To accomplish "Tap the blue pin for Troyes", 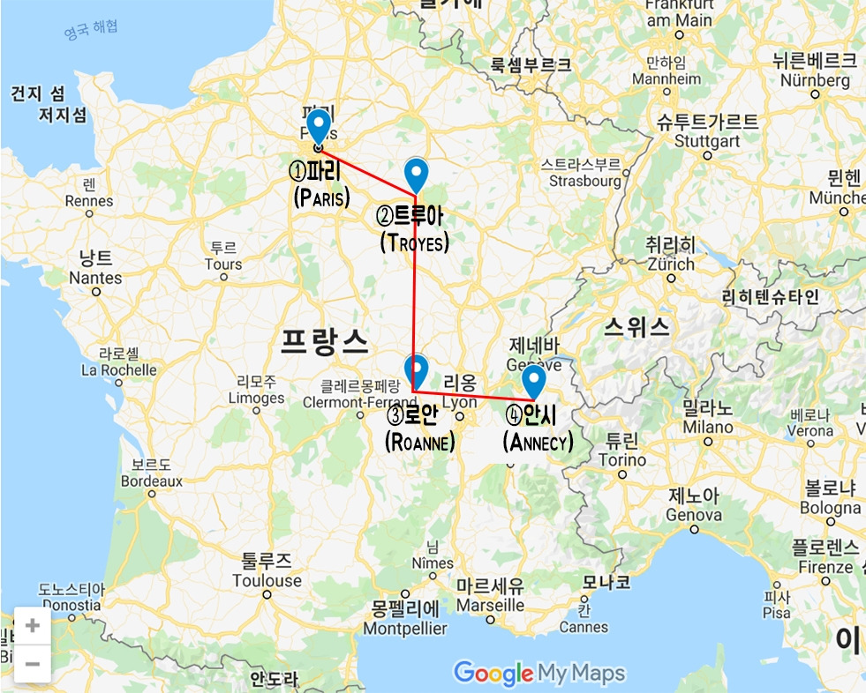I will point(416,173).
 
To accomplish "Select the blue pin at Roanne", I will point(415,369).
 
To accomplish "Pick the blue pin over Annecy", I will point(533,381).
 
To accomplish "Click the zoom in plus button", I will point(33,626).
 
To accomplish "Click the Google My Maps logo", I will point(539,674).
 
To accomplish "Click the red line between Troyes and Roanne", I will point(414,291).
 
